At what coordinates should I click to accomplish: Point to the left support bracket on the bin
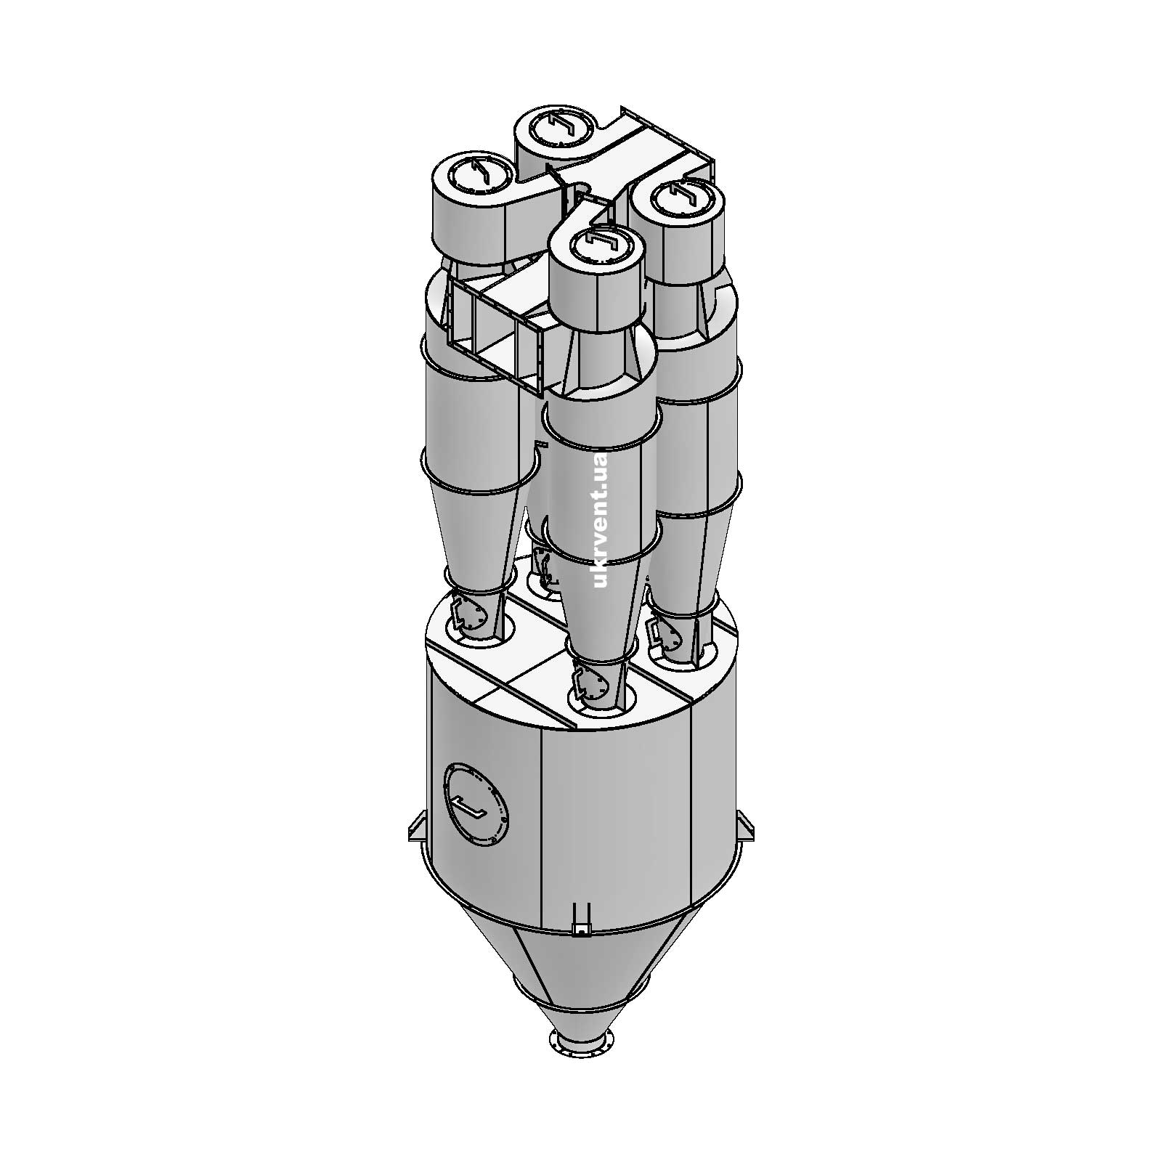pyautogui.click(x=418, y=826)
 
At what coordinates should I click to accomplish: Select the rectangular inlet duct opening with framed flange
pyautogui.click(x=495, y=332)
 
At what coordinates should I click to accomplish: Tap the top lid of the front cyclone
pyautogui.click(x=596, y=245)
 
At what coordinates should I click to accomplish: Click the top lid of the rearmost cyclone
pyautogui.click(x=560, y=130)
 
